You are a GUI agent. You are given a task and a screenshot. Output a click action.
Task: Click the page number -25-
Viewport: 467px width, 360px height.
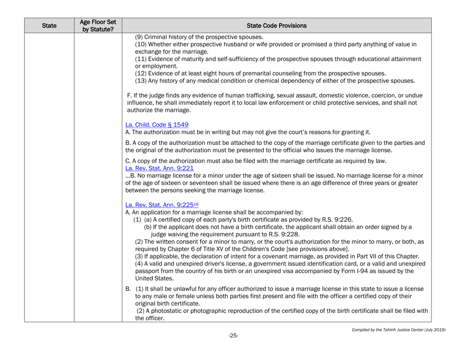(x=234, y=350)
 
